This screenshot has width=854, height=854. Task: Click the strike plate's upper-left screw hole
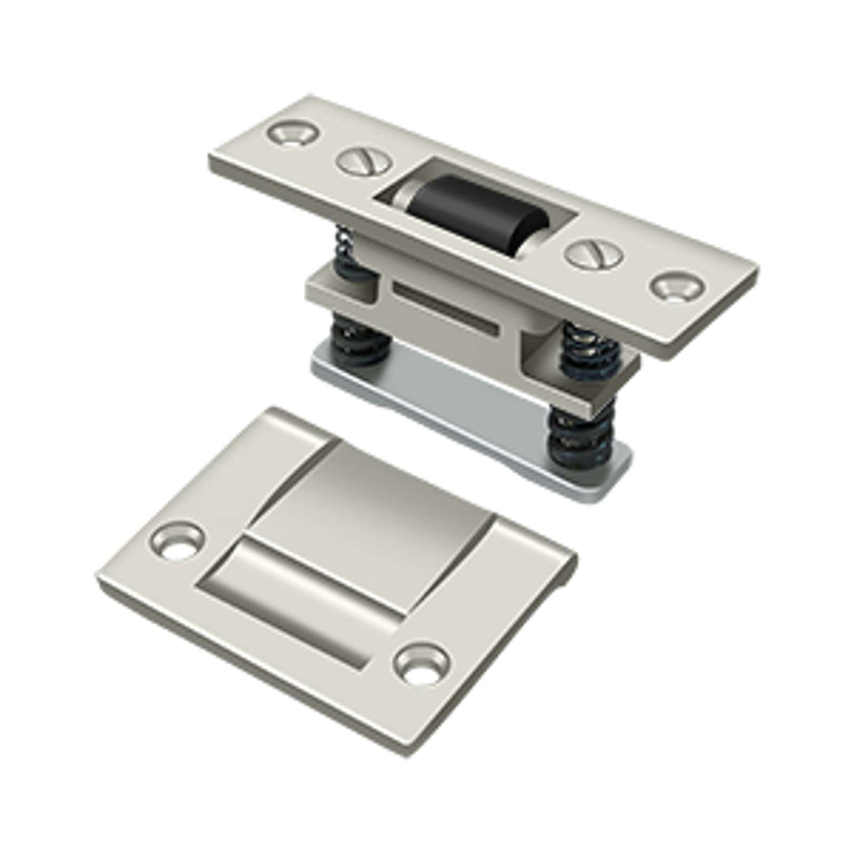[179, 542]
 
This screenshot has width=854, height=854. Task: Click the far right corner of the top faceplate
[755, 273]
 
